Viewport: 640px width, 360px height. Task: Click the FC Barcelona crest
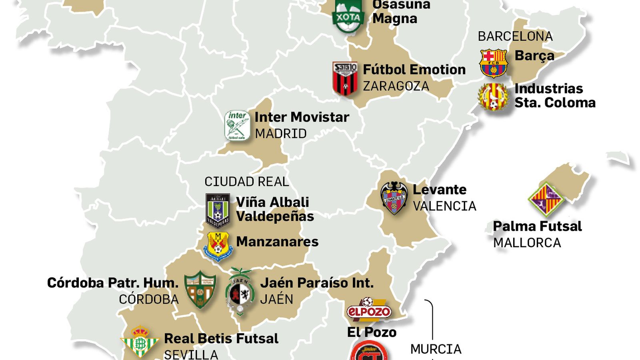point(493,63)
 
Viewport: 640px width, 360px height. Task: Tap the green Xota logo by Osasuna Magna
point(348,16)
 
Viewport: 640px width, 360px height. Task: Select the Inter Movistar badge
point(237,126)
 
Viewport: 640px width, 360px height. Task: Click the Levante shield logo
point(394,198)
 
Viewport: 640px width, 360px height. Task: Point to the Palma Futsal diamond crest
point(545,199)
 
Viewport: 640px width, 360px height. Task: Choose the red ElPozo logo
point(368,310)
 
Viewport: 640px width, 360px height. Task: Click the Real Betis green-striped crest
point(140,342)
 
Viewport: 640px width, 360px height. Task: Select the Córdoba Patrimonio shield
point(200,290)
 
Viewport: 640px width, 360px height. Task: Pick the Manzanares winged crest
point(218,245)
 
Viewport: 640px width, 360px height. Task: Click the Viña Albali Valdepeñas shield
point(218,210)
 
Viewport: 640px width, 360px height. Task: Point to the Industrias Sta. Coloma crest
point(494,96)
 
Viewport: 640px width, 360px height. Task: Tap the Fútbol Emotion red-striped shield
point(345,79)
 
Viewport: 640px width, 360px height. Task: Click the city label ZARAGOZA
point(396,86)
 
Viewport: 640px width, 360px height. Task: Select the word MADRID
point(281,134)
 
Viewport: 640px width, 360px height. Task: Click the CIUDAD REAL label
point(246,182)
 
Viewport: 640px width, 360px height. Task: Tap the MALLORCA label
point(527,243)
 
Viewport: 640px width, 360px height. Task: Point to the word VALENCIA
point(444,206)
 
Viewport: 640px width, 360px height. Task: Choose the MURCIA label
point(436,349)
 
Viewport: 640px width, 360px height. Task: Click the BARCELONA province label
point(515,36)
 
